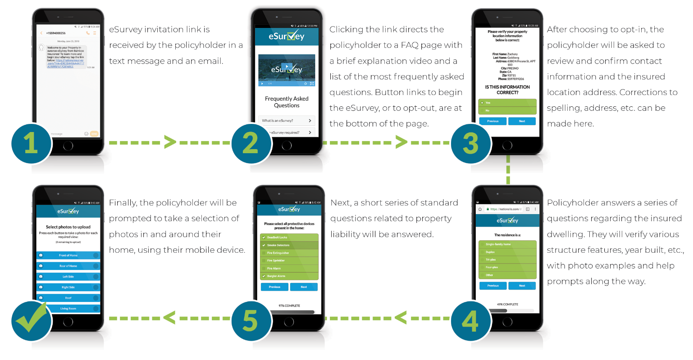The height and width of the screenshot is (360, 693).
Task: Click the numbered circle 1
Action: point(31,143)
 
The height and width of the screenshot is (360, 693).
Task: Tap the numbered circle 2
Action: point(251,143)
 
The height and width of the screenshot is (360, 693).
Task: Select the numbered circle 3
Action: point(470,143)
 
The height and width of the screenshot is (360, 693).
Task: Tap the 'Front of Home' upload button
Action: point(68,255)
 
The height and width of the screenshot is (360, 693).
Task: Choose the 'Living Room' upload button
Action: point(68,309)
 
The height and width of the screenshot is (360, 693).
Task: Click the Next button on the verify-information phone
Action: point(522,121)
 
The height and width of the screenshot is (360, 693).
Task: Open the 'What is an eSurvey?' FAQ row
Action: point(287,121)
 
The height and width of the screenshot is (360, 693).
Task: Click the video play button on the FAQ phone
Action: point(287,66)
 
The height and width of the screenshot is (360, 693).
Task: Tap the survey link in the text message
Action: point(66,64)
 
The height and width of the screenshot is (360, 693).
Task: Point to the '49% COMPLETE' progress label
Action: point(507,305)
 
